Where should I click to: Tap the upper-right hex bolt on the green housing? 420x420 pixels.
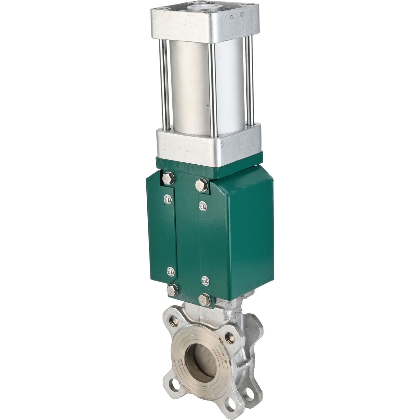pyautogui.click(x=202, y=185)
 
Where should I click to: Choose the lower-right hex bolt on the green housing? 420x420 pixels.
pyautogui.click(x=205, y=300)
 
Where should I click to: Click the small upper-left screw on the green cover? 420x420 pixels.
pyautogui.click(x=168, y=199)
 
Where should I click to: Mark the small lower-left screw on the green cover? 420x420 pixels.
pyautogui.click(x=170, y=272)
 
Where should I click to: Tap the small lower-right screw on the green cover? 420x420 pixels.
pyautogui.click(x=205, y=281)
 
